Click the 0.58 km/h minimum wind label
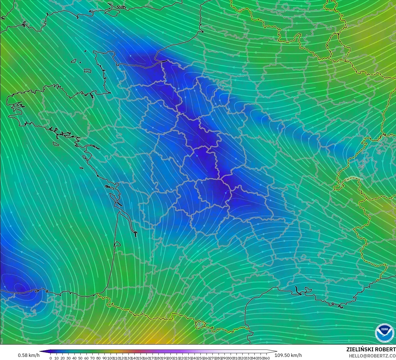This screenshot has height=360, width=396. pyautogui.click(x=29, y=355)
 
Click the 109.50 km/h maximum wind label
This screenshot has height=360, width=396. pyautogui.click(x=288, y=355)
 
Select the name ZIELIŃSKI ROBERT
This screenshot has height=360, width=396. pyautogui.click(x=371, y=349)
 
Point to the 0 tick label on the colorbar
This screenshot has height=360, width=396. pyautogui.click(x=51, y=358)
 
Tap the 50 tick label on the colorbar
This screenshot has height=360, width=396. pyautogui.click(x=80, y=358)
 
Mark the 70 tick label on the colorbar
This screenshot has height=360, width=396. pyautogui.click(x=92, y=358)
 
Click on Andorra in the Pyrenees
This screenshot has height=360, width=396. pyautogui.click(x=201, y=324)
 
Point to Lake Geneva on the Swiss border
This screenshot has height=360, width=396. pyautogui.click(x=354, y=178)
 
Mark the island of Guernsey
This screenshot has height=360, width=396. pyautogui.click(x=74, y=61)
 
